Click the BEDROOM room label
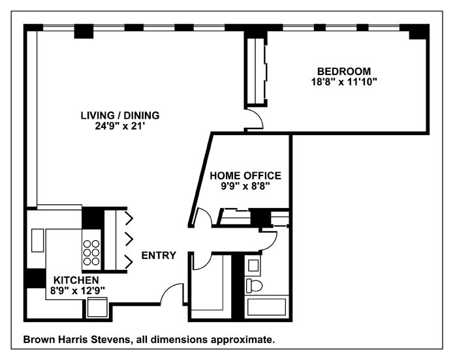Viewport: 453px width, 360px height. [344, 71]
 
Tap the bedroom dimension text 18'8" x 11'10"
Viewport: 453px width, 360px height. [344, 82]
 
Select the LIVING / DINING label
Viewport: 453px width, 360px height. [119, 115]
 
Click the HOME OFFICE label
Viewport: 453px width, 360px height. [245, 175]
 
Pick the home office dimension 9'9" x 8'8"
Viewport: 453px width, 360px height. [245, 186]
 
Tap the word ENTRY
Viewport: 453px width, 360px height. [159, 256]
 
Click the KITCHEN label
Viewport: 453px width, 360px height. [76, 279]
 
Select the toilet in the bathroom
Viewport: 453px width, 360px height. [254, 285]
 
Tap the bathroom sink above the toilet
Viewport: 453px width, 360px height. [253, 265]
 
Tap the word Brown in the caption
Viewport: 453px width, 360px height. [40, 340]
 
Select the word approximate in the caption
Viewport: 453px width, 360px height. [248, 340]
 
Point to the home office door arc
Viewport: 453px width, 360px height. [203, 217]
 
